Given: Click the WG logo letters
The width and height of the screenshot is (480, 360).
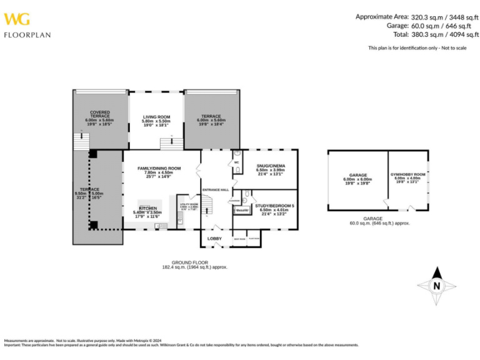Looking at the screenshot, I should point(16,18).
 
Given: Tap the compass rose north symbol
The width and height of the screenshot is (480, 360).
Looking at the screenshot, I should point(437,286).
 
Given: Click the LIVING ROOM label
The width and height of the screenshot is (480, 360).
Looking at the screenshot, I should point(156,116).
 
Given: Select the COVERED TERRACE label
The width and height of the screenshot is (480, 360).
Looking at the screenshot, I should point(99,114).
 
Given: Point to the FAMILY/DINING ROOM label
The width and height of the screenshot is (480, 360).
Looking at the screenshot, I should point(159,168).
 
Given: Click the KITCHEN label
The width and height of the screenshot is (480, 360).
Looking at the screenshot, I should point(147,208).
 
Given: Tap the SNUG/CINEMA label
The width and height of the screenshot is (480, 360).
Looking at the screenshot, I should point(270,166).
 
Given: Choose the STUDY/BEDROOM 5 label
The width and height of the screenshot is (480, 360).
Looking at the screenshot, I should point(274,206).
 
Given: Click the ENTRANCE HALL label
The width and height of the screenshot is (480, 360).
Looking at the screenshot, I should point(215,189).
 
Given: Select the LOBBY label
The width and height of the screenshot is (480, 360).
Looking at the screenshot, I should point(214,238).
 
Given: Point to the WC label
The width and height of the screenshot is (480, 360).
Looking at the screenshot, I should point(236,162).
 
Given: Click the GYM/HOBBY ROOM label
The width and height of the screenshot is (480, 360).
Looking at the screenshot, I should point(408,174).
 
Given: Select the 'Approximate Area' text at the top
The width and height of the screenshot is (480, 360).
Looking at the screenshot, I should point(382,16).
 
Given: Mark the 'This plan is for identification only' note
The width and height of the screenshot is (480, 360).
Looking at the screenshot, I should point(417,48).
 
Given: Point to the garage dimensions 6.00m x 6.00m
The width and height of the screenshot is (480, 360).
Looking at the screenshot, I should point(357,179).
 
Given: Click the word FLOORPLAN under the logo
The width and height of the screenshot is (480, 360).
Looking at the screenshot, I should point(27,35).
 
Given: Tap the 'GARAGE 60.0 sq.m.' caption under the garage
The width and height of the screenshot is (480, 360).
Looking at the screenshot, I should point(379,221).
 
